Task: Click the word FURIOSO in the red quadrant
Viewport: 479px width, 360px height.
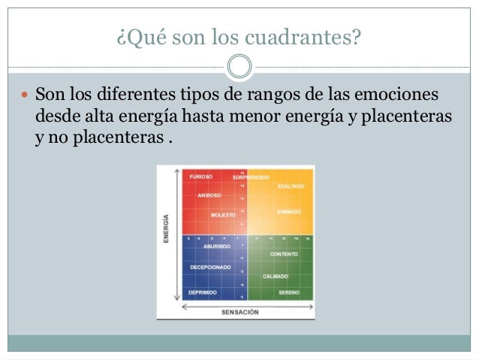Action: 200,177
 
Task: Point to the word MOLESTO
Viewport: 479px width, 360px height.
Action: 222,214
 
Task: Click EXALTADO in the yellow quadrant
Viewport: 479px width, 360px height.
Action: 290,186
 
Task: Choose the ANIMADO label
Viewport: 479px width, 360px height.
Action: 289,211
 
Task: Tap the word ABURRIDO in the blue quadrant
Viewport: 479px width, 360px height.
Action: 217,246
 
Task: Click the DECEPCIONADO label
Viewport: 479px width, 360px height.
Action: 209,267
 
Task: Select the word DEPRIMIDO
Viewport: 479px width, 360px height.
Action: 203,292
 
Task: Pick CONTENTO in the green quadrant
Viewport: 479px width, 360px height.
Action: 284,254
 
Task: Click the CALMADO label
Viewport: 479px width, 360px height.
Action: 276,276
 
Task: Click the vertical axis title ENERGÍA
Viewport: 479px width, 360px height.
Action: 166,229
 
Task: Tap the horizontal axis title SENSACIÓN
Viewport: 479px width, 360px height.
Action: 239,311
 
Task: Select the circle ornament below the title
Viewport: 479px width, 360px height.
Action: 239,66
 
